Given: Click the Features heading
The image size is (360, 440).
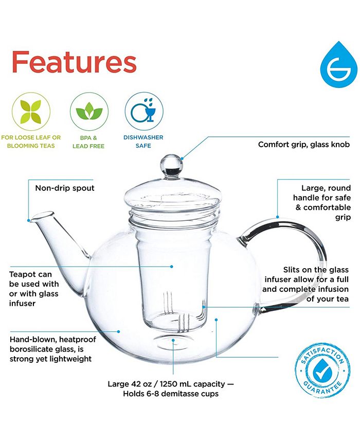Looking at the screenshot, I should [74, 62].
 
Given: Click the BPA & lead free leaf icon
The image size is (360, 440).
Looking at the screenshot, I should [89, 112].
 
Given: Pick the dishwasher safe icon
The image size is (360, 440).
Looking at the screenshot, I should [144, 112].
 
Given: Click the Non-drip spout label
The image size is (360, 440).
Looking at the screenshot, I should [65, 188].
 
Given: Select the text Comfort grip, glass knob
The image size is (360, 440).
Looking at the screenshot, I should [303, 145].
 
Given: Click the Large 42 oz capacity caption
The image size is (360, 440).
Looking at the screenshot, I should [170, 383].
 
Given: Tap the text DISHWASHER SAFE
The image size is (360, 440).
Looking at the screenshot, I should [143, 142].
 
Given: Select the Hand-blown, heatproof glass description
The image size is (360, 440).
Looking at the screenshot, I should [51, 349].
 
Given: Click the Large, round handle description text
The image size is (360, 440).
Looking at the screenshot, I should [322, 203].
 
